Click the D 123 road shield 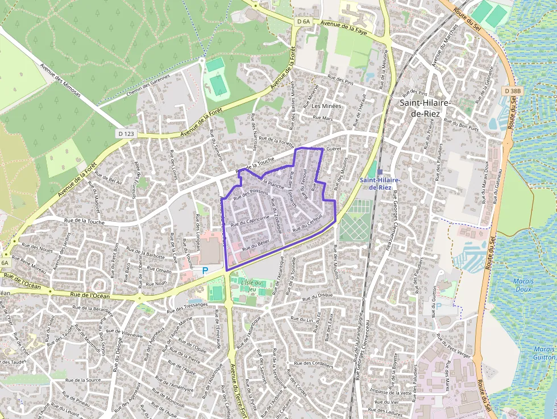click(127, 134)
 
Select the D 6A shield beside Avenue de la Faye click(304, 22)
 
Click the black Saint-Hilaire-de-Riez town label click(425, 108)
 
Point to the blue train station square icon click(380, 172)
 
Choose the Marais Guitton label click(544, 353)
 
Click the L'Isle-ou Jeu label click(252, 286)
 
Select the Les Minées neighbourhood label click(326, 106)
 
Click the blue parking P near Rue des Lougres click(205, 271)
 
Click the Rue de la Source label click(83, 380)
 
